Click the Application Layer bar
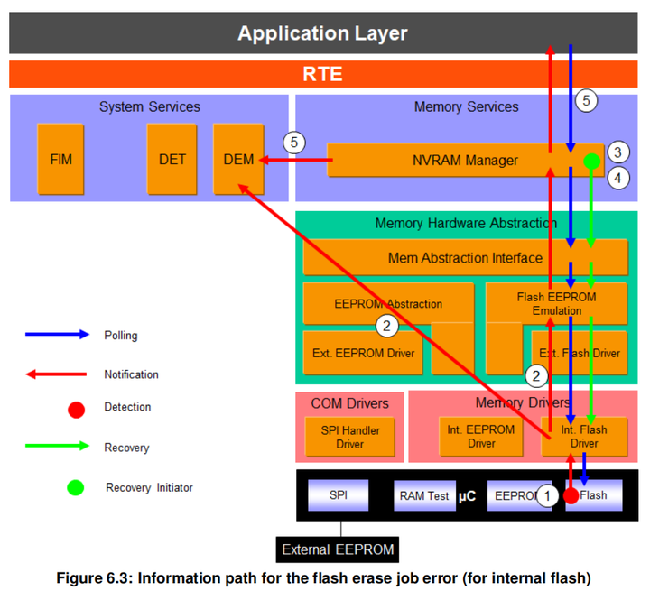(322, 34)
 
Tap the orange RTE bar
(322, 74)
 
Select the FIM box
(61, 160)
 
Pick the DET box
(172, 160)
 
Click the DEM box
(238, 160)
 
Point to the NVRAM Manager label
(465, 161)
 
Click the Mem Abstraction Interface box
(465, 258)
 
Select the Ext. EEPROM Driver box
(364, 352)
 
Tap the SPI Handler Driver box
(350, 437)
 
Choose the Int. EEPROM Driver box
(481, 437)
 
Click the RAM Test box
(424, 495)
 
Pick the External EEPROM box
(338, 549)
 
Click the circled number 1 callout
(545, 495)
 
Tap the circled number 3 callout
(617, 151)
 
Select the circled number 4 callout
(617, 178)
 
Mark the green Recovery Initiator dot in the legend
(76, 487)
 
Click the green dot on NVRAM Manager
(591, 162)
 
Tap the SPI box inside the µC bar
(339, 495)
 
